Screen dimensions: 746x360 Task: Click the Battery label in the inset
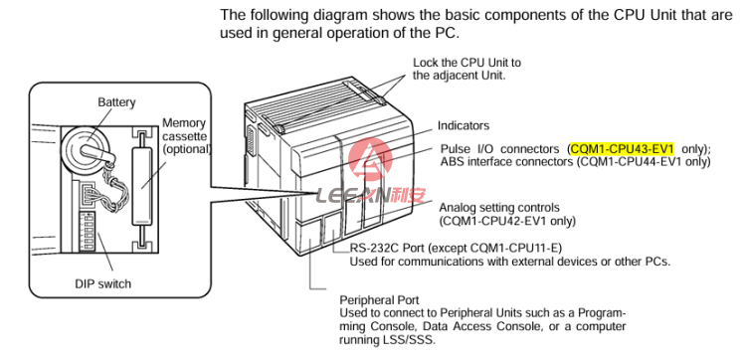coord(116,102)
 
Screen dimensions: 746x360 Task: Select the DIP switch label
coord(102,283)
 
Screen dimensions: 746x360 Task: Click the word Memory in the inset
coord(184,123)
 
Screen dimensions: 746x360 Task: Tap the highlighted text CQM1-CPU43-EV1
coord(623,149)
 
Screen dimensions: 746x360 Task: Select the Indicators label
coord(464,126)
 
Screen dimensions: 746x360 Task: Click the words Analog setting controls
coord(499,208)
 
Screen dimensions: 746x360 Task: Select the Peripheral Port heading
coord(379,300)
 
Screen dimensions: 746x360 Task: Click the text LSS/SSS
coord(411,340)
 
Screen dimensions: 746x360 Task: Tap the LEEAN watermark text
coord(370,196)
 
